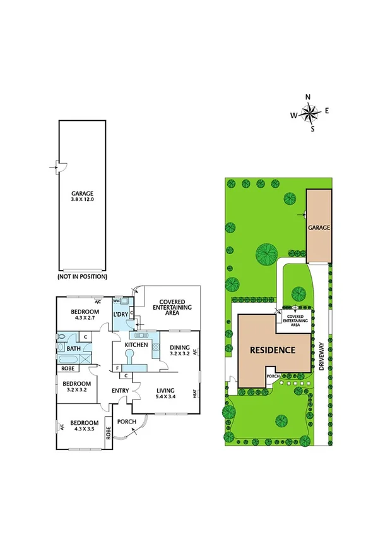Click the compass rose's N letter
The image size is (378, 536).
pyautogui.click(x=309, y=97)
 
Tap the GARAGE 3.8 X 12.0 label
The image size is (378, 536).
pyautogui.click(x=82, y=197)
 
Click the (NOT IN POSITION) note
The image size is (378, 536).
pyautogui.click(x=82, y=276)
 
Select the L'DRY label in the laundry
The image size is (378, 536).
pyautogui.click(x=121, y=314)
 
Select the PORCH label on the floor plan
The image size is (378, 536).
pyautogui.click(x=127, y=422)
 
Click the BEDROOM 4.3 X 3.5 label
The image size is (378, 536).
pyautogui.click(x=84, y=425)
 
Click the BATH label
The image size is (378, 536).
pyautogui.click(x=74, y=348)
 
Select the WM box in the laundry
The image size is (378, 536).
pyautogui.click(x=117, y=301)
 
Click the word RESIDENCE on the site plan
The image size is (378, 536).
pyautogui.click(x=272, y=350)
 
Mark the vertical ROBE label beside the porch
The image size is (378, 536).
pyautogui.click(x=109, y=434)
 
